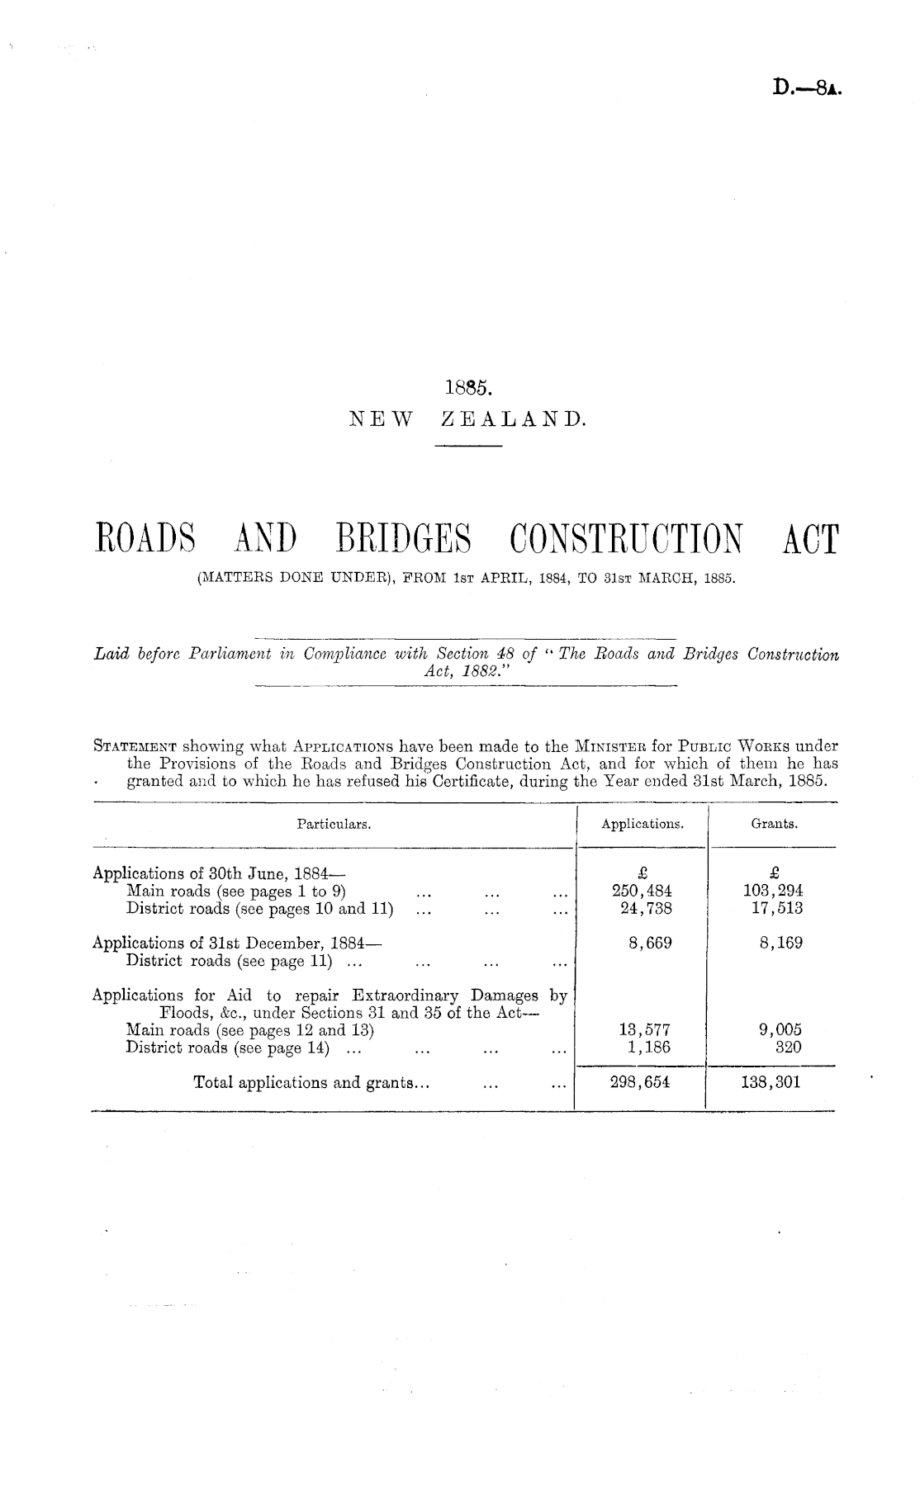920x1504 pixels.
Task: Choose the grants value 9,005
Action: tap(780, 1030)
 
